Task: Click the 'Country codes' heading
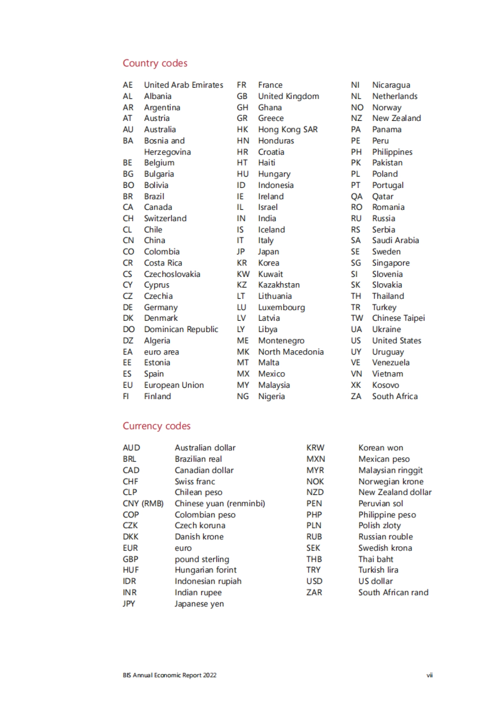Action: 155,63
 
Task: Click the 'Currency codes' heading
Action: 157,426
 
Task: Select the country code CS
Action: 128,274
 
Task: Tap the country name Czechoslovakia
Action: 172,274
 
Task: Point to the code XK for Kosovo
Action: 356,385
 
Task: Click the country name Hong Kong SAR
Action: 288,130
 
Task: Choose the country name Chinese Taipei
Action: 398,318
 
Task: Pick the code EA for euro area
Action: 128,352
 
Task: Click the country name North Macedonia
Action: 291,352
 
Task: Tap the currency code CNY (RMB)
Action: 143,503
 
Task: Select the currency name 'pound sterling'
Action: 202,559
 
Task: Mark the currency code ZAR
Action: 314,592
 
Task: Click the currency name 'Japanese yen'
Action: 199,604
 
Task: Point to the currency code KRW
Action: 315,448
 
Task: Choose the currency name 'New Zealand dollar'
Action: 395,492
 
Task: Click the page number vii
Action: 429,675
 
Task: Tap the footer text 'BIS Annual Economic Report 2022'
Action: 169,675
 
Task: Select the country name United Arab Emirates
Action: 183,85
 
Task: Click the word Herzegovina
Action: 167,152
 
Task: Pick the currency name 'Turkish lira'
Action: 378,570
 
